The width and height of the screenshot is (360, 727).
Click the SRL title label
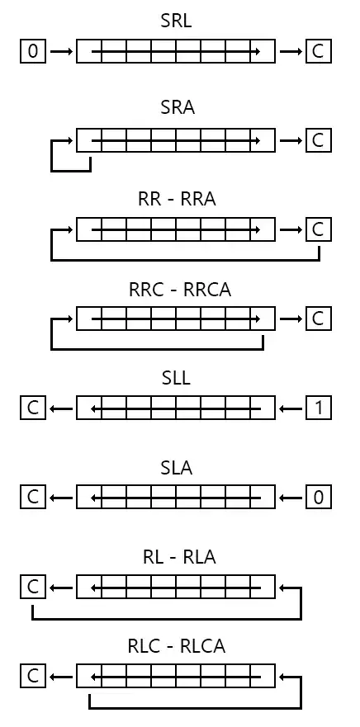176,21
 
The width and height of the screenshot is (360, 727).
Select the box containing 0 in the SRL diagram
33,52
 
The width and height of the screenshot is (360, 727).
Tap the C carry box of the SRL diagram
318,52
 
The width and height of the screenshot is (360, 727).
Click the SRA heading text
177,109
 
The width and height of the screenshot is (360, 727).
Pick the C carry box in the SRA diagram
318,140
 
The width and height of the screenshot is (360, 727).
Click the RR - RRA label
176,199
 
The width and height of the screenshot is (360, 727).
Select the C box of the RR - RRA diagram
318,229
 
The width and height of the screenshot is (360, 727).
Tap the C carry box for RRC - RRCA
318,319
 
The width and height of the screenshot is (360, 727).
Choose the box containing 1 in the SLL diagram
318,408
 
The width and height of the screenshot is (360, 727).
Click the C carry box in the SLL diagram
33,408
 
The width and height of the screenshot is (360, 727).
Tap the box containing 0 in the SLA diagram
318,498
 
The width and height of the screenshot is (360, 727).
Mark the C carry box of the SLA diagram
33,498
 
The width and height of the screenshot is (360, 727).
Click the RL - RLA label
176,557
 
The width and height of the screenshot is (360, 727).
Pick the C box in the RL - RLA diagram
33,587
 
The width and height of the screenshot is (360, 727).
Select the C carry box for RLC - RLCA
33,677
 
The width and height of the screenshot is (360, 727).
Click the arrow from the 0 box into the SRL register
61,52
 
